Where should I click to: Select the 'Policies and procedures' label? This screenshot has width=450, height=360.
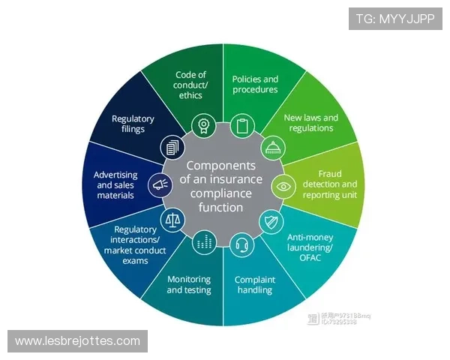[255, 84]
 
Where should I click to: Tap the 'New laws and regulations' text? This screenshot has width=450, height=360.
[310, 123]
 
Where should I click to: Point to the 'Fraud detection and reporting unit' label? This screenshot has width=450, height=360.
[331, 184]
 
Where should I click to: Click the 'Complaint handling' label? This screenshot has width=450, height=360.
[255, 285]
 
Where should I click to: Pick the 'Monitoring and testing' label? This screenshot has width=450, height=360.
[189, 284]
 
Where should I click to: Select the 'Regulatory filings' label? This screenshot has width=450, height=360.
[133, 124]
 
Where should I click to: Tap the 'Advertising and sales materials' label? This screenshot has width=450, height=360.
[115, 184]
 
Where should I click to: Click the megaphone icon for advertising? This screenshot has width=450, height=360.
[159, 184]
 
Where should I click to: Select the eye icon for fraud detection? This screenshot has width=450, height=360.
[283, 184]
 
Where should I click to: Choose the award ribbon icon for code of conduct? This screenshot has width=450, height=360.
[202, 124]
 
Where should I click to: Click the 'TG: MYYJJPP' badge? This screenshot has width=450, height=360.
[395, 19]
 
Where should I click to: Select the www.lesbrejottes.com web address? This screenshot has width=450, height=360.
[78, 341]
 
